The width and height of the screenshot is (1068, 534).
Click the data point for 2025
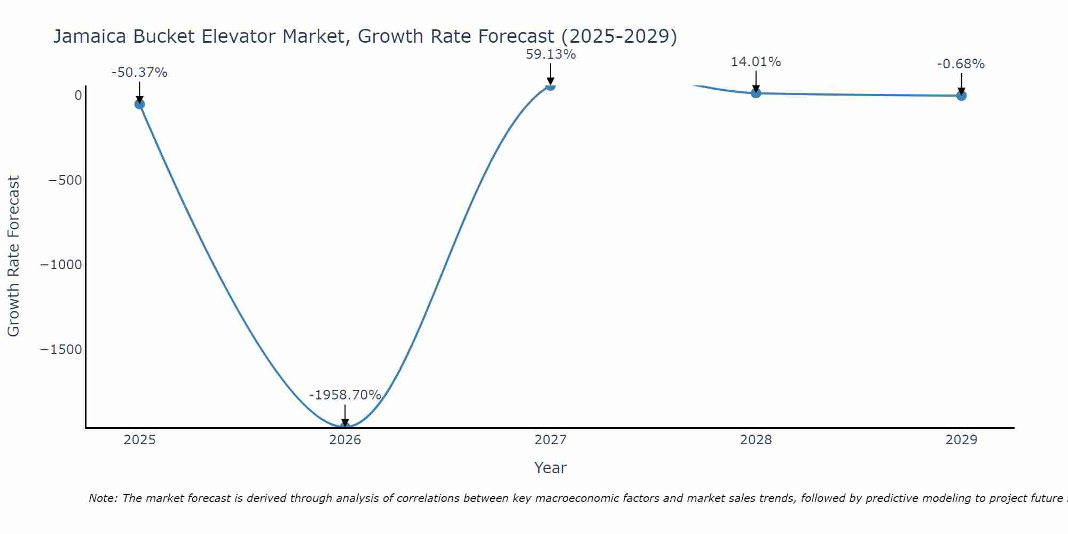click(139, 104)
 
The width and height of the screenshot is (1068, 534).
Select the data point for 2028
click(756, 93)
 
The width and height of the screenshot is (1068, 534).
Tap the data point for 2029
click(961, 96)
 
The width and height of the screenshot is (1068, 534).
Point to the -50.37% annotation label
click(139, 73)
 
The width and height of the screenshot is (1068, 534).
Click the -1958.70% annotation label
click(345, 395)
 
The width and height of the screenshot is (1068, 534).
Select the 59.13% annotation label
click(551, 54)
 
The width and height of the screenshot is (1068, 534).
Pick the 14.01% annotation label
click(756, 62)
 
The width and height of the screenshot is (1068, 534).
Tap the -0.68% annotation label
click(961, 64)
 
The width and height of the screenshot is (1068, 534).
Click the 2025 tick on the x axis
click(139, 440)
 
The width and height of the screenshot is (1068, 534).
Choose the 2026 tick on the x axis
click(345, 440)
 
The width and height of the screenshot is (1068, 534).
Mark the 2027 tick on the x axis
click(551, 440)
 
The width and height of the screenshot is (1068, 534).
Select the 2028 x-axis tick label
click(756, 440)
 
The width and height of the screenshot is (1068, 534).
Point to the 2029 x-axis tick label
click(961, 440)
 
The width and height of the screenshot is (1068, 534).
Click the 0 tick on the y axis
click(78, 96)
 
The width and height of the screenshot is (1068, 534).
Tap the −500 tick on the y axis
click(65, 180)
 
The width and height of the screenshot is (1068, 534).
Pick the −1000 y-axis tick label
click(61, 265)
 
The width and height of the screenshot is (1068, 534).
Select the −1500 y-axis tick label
click(61, 350)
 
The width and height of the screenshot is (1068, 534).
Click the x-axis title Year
click(550, 468)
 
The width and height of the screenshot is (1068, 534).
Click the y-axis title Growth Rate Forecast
click(13, 256)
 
